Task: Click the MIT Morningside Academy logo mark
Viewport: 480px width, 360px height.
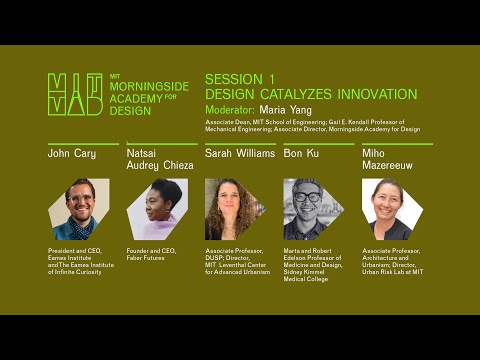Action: click(75, 94)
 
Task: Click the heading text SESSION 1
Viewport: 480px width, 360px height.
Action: click(240, 78)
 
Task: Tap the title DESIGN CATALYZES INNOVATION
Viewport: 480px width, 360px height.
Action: click(310, 94)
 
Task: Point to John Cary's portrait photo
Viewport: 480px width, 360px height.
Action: click(79, 209)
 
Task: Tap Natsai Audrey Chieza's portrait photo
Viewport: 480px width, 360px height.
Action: click(157, 209)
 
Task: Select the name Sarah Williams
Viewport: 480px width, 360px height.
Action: click(240, 154)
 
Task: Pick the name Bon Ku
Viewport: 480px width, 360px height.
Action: click(302, 154)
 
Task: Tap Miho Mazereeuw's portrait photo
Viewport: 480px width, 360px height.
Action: click(392, 209)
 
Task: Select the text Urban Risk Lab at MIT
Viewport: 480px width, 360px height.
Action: click(393, 271)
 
